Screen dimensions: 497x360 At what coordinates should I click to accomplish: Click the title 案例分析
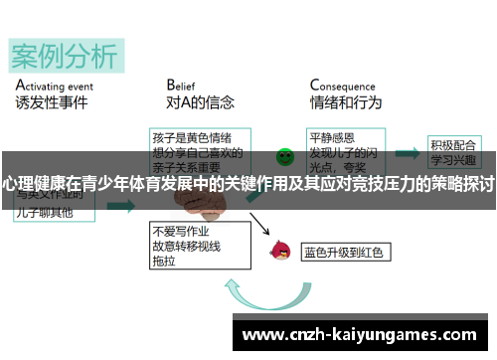(64, 56)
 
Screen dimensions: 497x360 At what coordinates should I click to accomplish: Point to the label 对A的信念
(199, 102)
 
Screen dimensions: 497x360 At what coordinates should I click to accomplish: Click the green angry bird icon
(285, 155)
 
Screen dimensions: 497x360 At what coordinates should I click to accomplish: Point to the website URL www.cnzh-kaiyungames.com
(359, 333)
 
